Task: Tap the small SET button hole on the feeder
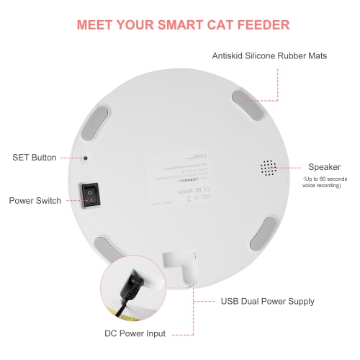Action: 86,158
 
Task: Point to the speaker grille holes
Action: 269,167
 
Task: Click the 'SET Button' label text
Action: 34,157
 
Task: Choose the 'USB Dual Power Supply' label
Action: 266,302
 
